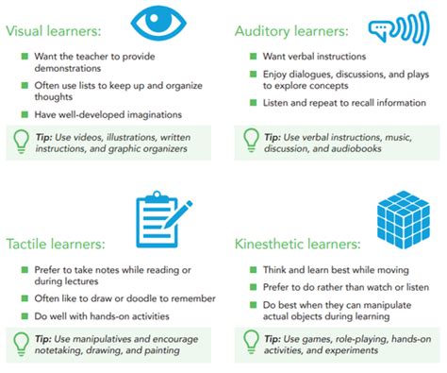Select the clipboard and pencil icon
[161, 216]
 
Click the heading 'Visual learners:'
[58, 30]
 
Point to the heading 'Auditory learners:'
[292, 30]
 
